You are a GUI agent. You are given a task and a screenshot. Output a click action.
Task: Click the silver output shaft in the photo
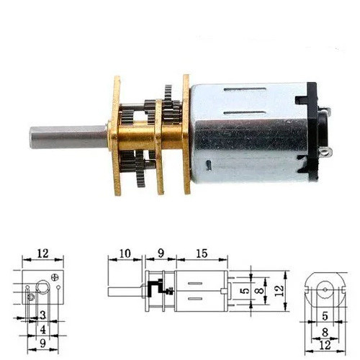(x=68, y=137)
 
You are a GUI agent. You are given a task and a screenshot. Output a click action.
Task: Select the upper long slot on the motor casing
(x=245, y=90)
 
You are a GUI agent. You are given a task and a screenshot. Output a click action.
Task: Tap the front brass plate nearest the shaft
(x=117, y=135)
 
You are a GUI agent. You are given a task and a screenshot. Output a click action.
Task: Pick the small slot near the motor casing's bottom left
(x=209, y=166)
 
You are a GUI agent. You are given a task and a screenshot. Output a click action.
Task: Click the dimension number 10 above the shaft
(x=125, y=253)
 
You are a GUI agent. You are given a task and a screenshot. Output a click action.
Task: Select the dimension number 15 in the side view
(x=202, y=253)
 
